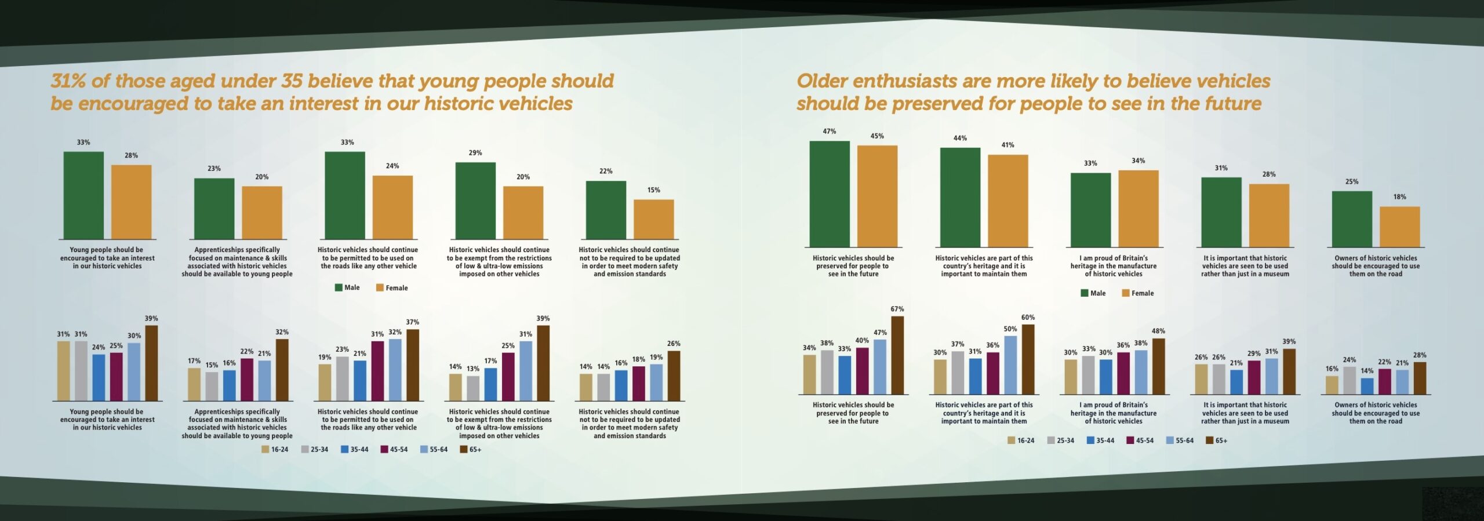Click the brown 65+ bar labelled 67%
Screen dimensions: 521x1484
coord(897,355)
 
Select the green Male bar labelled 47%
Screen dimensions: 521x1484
coord(829,194)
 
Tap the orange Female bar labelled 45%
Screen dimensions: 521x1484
coord(877,196)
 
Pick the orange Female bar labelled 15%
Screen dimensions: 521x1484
coord(653,219)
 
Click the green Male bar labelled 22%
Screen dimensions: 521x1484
coord(606,210)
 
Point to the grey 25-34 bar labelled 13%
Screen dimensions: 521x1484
coord(473,388)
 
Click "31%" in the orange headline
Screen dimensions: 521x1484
coord(68,81)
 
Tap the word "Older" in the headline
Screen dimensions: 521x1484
coord(822,81)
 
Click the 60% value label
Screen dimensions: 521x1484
coord(1028,318)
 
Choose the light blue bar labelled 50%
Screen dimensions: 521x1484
coord(1010,365)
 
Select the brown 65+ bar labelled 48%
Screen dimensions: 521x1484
coord(1158,366)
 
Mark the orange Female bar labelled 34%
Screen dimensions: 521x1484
coord(1138,209)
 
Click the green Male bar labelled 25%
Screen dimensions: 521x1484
coord(1352,219)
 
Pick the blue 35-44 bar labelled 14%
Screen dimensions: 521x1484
coord(1367,386)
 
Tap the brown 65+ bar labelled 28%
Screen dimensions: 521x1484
coord(1420,378)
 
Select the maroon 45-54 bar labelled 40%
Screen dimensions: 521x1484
coord(862,371)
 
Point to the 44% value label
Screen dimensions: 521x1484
coord(960,139)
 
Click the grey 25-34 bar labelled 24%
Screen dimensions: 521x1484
coord(1350,380)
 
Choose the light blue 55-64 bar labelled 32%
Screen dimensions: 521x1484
coord(395,370)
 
